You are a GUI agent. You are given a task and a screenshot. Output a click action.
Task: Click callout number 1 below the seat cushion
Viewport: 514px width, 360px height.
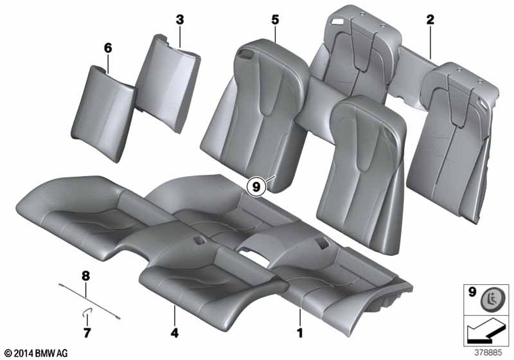(x=299, y=333)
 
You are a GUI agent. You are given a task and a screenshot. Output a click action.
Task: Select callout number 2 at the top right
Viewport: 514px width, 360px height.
(x=430, y=20)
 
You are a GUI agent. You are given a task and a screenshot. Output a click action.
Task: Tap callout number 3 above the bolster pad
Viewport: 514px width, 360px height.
(x=180, y=20)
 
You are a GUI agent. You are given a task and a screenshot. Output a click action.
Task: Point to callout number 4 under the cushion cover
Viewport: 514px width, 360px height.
(x=174, y=333)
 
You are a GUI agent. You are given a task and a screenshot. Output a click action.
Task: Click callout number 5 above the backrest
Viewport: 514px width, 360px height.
(x=275, y=20)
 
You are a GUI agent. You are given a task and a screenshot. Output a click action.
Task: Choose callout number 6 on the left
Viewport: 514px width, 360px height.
(x=108, y=48)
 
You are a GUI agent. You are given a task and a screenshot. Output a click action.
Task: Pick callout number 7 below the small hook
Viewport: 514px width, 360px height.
(x=87, y=333)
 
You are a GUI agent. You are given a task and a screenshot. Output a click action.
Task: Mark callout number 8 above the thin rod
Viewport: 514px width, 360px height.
(x=85, y=276)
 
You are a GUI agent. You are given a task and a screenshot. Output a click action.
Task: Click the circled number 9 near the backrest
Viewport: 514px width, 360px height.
(x=256, y=187)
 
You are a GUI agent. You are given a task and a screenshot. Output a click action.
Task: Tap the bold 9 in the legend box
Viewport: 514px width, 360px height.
(x=472, y=292)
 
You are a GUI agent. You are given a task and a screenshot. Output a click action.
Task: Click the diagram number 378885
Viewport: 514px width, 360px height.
(x=488, y=353)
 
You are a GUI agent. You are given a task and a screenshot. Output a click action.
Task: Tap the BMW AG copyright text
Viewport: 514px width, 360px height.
(x=37, y=353)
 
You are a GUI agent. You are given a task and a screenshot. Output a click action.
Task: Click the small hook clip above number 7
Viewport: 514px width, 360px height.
(x=87, y=314)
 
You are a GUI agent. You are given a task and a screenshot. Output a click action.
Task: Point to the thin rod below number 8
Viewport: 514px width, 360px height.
(x=89, y=301)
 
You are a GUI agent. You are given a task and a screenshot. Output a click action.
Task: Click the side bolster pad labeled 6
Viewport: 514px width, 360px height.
(x=103, y=113)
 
